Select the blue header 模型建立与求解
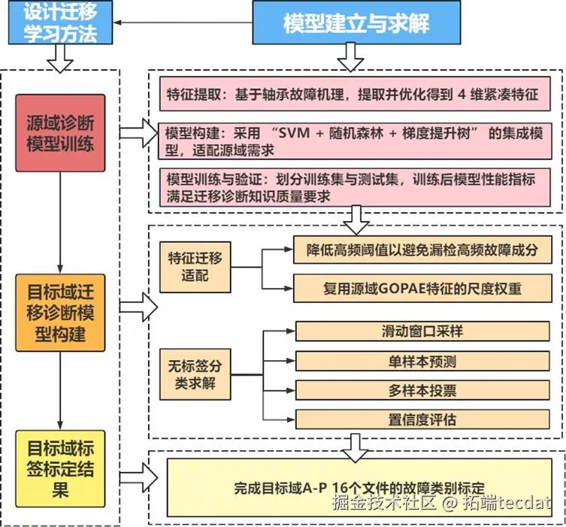point(356,23)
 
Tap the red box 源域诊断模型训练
point(60,134)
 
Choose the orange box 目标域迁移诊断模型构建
point(60,311)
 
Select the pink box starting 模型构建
point(353,141)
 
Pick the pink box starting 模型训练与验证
point(353,186)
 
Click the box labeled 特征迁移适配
point(195,268)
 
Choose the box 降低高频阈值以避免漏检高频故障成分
point(422,249)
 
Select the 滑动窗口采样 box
point(422,332)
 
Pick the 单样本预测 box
point(422,361)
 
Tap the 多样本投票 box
point(422,390)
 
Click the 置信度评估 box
point(422,419)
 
